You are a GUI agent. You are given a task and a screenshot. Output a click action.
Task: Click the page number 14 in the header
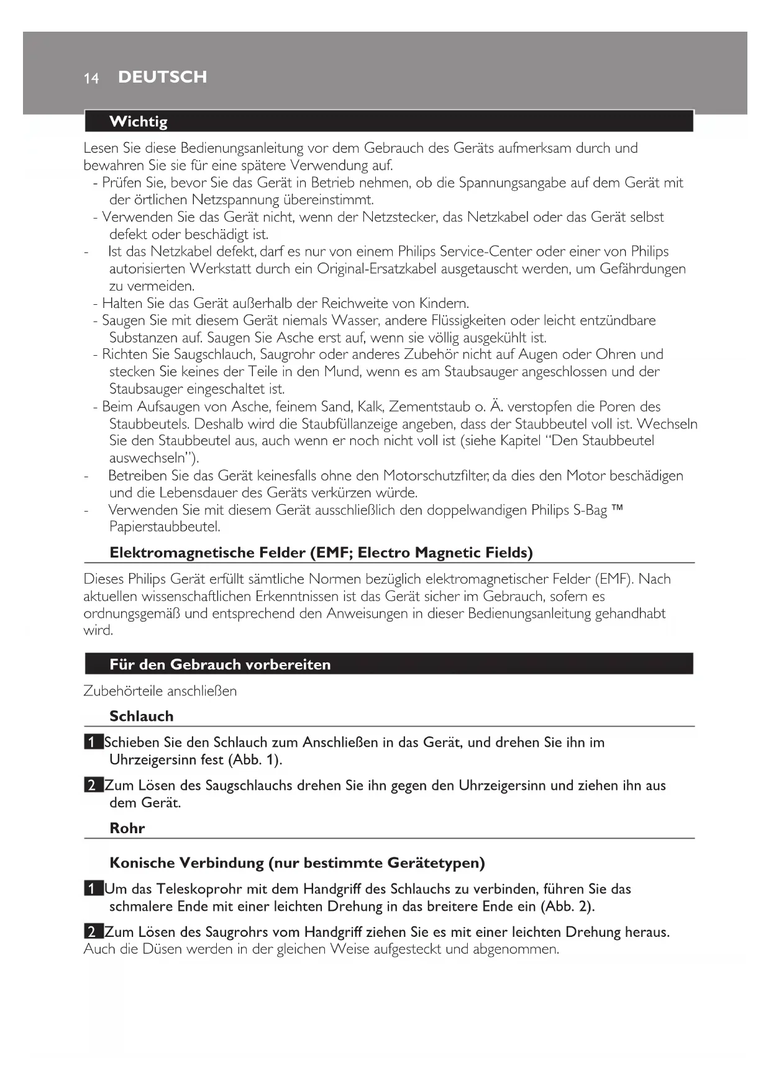pos(91,78)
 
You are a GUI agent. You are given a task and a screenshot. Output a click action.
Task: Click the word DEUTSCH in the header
pos(162,77)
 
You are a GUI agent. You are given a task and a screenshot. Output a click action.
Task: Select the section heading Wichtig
pos(138,122)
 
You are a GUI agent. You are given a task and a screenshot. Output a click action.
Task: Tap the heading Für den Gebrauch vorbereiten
pos(220,664)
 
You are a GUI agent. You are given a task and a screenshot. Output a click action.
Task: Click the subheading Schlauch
pos(141,716)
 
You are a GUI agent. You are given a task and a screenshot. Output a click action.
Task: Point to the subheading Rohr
pos(127,828)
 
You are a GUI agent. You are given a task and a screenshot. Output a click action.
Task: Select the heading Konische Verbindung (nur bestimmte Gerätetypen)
pos(297,863)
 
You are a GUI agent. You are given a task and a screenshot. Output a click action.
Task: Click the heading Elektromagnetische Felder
pos(321,553)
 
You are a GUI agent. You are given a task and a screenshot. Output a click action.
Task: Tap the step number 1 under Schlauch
pos(92,743)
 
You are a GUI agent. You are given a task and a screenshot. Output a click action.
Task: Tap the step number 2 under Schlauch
pos(92,785)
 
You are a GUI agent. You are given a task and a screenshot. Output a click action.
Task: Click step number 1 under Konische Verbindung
pos(92,889)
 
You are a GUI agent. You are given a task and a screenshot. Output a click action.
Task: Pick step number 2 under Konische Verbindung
pos(92,932)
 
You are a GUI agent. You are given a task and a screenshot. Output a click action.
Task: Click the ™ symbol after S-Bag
pos(617,509)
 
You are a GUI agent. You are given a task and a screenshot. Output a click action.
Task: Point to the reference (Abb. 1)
pos(255,760)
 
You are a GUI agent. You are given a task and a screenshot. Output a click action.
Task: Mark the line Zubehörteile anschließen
pos(160,691)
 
